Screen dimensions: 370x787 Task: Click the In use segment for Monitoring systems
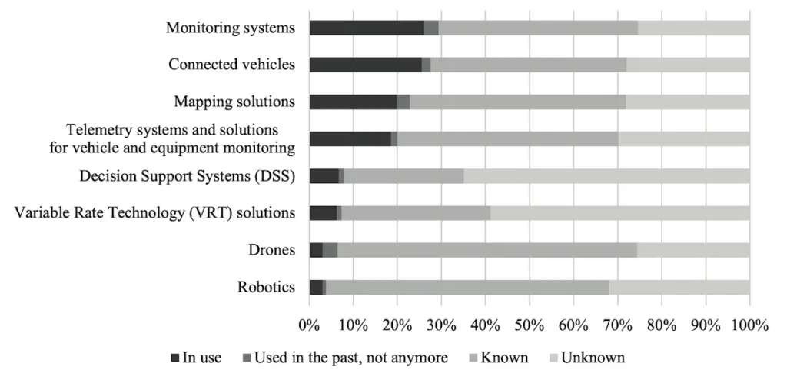coord(367,28)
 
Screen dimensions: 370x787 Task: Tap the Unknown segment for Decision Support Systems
coord(606,176)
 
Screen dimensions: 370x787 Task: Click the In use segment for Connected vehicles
coord(365,65)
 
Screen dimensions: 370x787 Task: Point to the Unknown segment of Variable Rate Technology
coord(620,213)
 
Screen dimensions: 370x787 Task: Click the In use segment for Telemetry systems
coord(350,138)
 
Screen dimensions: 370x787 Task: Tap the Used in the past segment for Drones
coord(330,250)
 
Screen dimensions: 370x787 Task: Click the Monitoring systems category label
coord(231,28)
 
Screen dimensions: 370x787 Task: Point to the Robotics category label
coord(267,287)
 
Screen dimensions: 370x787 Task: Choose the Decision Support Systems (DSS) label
coord(188,176)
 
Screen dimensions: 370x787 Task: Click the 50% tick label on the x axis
coord(530,325)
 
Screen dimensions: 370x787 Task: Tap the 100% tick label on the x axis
coord(749,325)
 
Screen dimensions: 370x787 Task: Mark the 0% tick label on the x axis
coord(310,325)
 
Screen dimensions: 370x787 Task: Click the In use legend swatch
coord(175,358)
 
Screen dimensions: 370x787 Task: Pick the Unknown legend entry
coord(593,357)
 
